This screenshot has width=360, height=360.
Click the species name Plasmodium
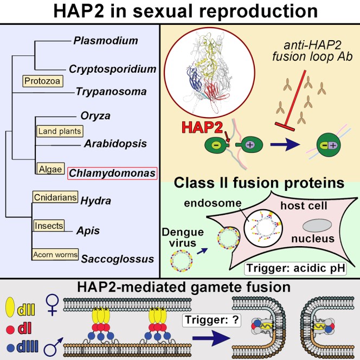tap(105, 41)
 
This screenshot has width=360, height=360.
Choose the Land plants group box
tap(59, 131)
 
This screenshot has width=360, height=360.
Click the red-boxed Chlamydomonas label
tap(112, 173)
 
